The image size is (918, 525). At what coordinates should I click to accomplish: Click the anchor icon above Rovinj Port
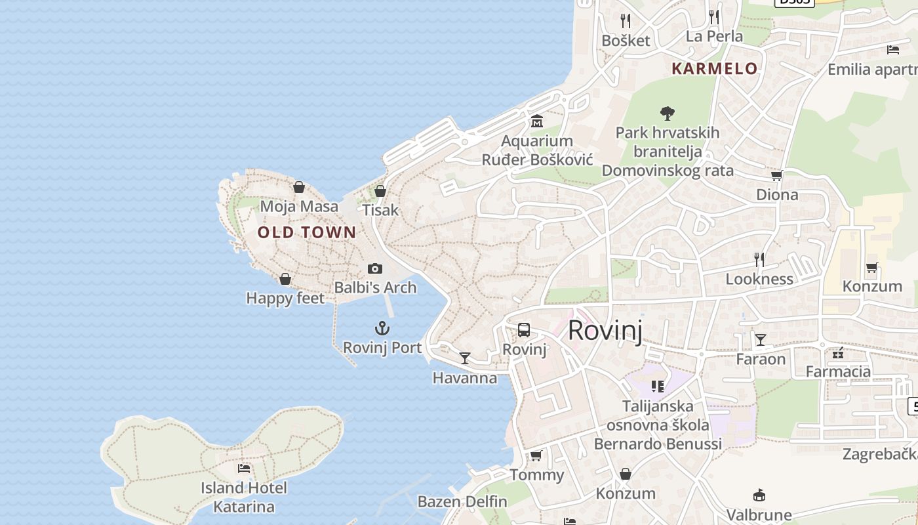382,328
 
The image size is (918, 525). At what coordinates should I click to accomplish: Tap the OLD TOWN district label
307,232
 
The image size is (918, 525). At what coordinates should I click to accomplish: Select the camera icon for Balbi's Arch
375,268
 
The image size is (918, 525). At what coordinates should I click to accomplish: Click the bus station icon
523,330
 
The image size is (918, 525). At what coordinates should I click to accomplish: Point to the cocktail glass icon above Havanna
465,358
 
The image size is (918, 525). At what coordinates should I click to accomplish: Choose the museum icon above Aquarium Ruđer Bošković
537,121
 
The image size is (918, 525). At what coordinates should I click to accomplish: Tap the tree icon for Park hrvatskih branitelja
668,114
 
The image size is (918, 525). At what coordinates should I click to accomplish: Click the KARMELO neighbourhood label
715,68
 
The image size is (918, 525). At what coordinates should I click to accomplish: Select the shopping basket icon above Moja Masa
299,188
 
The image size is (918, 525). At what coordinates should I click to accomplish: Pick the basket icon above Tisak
380,191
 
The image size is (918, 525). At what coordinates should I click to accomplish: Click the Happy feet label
285,299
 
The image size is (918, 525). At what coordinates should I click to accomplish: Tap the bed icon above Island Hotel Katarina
244,469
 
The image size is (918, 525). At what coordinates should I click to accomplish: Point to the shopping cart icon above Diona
777,175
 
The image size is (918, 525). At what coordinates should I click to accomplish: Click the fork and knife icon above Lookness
759,260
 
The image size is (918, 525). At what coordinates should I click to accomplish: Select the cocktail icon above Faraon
761,340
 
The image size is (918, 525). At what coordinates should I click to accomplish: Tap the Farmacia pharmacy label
838,372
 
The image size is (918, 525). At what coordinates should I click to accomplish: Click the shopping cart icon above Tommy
536,455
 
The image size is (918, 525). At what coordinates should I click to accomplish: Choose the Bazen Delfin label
462,502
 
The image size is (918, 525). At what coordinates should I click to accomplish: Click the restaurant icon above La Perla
714,17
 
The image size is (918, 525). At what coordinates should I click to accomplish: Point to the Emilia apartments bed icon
892,49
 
